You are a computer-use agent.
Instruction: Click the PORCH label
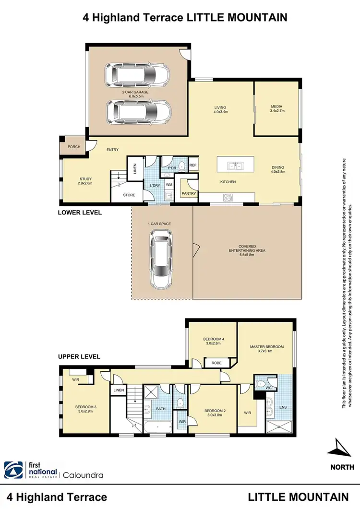pos(74,147)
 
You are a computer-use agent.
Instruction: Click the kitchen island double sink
pos(235,166)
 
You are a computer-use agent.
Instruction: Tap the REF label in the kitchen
pos(193,165)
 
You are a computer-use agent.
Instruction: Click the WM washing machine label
pos(169,184)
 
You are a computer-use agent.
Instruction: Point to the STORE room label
pos(129,195)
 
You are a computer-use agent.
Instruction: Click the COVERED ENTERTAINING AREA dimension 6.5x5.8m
pos(247,255)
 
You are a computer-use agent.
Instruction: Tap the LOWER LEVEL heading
pos(80,212)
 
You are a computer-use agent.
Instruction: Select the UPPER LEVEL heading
pos(79,356)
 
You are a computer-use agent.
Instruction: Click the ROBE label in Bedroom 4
pos(216,363)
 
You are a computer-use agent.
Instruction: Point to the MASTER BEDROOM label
pos(267,346)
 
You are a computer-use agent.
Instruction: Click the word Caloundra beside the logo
pos(82,475)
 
